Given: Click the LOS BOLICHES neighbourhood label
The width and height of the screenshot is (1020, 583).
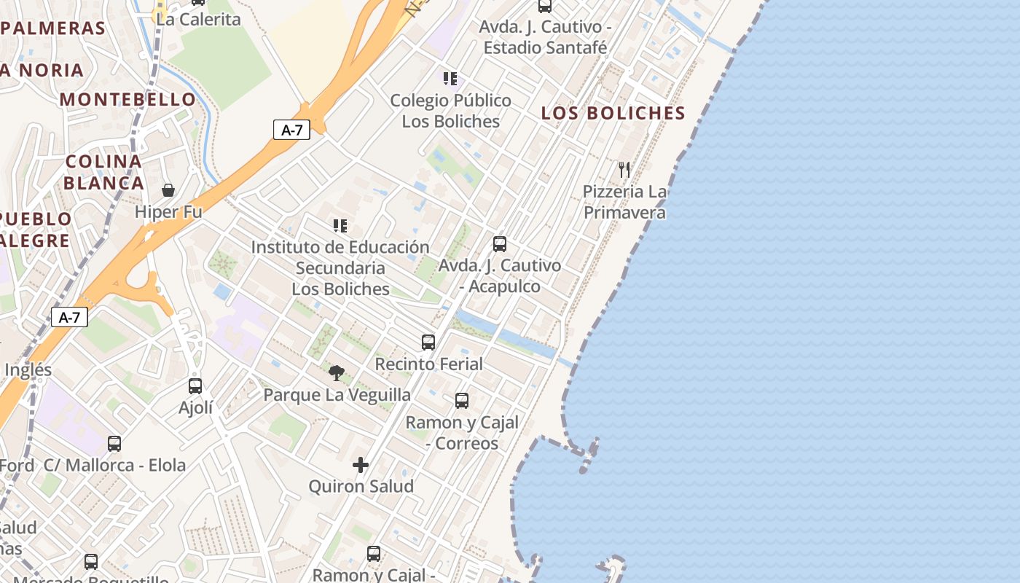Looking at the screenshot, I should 613,113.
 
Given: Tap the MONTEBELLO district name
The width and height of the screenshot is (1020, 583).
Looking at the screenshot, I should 128,100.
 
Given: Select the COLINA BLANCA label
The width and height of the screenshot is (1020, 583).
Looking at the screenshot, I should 103,172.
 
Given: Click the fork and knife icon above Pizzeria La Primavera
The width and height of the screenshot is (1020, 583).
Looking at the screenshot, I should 624,170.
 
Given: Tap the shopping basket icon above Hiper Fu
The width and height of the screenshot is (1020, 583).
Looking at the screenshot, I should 168,190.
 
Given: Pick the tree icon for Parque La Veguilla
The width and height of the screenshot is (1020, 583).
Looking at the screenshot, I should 336,373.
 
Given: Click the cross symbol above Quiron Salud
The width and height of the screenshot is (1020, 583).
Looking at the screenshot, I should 361,465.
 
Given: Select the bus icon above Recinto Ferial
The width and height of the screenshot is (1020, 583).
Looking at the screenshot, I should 428,342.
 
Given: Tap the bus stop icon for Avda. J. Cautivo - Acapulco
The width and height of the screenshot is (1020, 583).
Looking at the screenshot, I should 500,244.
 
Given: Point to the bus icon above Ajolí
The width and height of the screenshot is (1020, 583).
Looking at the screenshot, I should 195,386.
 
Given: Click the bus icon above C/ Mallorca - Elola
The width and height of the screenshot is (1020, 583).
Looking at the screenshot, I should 114,444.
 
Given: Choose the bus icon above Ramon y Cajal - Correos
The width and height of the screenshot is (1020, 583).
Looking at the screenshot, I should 462,401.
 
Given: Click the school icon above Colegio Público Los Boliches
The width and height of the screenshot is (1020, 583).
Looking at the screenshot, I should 450,78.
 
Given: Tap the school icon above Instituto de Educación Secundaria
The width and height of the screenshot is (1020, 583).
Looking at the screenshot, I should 340,226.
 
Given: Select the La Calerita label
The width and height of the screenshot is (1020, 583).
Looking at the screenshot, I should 198,20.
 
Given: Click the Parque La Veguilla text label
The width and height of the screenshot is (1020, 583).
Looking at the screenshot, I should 337,395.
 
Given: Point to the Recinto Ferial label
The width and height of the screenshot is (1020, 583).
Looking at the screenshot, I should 428,364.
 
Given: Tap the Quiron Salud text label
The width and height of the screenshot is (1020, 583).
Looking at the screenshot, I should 361,486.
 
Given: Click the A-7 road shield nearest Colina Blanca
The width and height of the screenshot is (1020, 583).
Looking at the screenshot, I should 291,130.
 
